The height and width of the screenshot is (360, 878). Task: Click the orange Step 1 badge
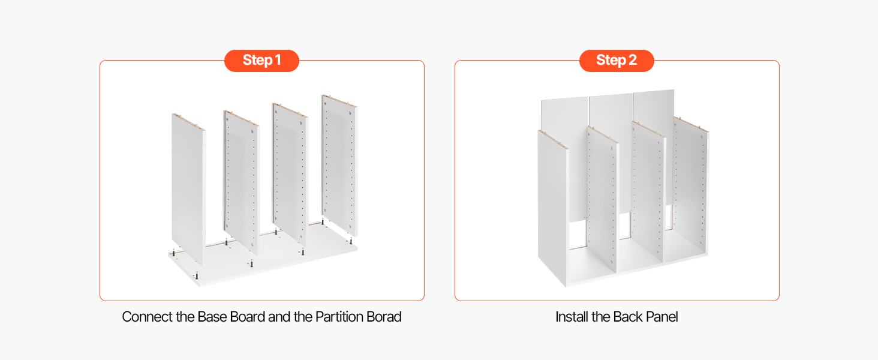tap(261, 61)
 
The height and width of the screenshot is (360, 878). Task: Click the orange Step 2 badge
tap(617, 61)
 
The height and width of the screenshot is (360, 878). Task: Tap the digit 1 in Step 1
tap(278, 60)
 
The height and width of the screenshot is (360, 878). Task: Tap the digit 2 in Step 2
tap(633, 60)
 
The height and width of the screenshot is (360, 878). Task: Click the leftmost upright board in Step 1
tap(188, 188)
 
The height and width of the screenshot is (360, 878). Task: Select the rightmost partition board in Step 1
tap(339, 165)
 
